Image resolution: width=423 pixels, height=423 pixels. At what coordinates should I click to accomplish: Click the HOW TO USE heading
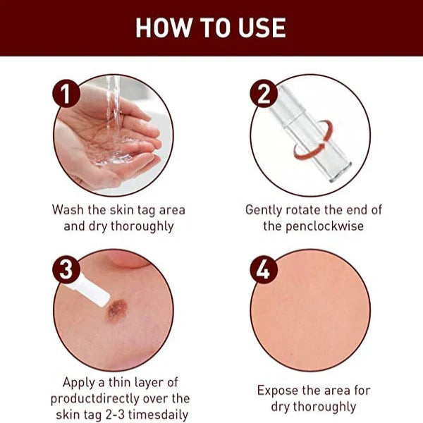(x=211, y=27)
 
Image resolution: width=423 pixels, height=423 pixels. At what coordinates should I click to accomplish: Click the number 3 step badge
(x=66, y=271)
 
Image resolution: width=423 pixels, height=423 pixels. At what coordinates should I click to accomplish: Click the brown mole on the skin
(x=116, y=311)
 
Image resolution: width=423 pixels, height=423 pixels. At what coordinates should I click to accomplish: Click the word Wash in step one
(x=68, y=209)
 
